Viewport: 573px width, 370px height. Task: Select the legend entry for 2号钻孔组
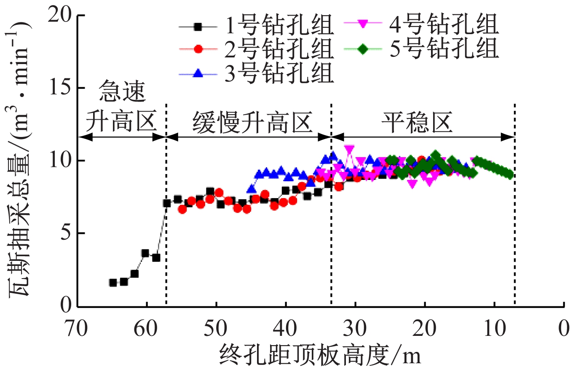pyautogui.click(x=257, y=50)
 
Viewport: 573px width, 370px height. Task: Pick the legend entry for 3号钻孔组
pyautogui.click(x=257, y=73)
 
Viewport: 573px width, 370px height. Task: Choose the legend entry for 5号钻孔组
pyautogui.click(x=421, y=49)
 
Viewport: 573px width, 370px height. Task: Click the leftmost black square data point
pyautogui.click(x=113, y=282)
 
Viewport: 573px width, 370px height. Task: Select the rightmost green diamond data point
pyautogui.click(x=509, y=174)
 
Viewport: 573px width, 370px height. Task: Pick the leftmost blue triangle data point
pyautogui.click(x=252, y=189)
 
